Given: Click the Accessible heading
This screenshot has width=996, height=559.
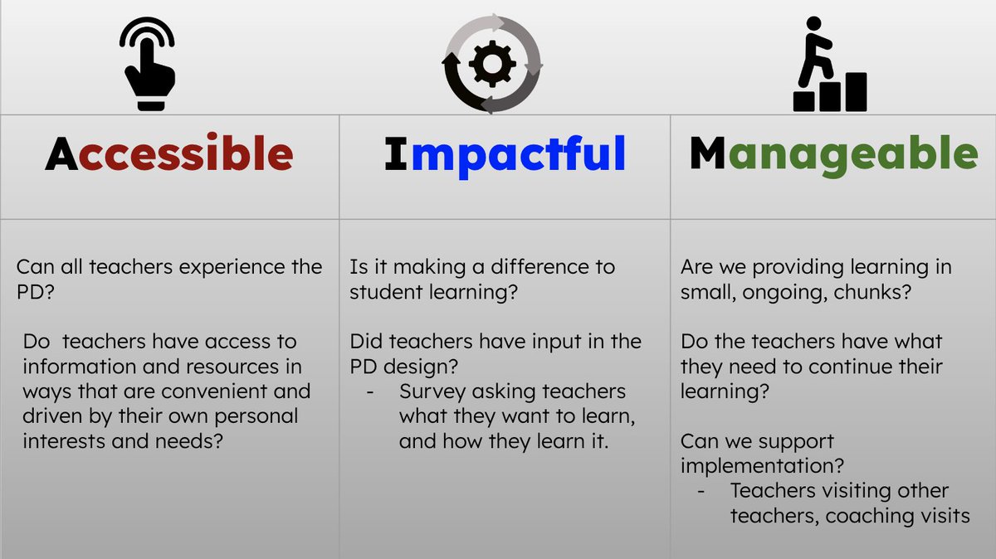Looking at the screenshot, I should coord(169,154).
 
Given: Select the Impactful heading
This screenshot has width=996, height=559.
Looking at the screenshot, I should coord(505,154).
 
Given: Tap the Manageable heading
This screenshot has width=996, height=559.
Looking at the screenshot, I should coord(833,154).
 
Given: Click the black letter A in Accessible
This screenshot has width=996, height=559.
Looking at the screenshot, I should coord(62,154).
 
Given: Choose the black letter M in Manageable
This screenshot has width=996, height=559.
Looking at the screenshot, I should coord(707,154).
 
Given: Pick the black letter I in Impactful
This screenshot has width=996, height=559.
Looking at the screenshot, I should coord(396,154).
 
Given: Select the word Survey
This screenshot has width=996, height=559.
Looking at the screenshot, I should coord(435,391).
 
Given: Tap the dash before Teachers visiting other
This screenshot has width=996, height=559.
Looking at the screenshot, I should coord(703,491).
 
